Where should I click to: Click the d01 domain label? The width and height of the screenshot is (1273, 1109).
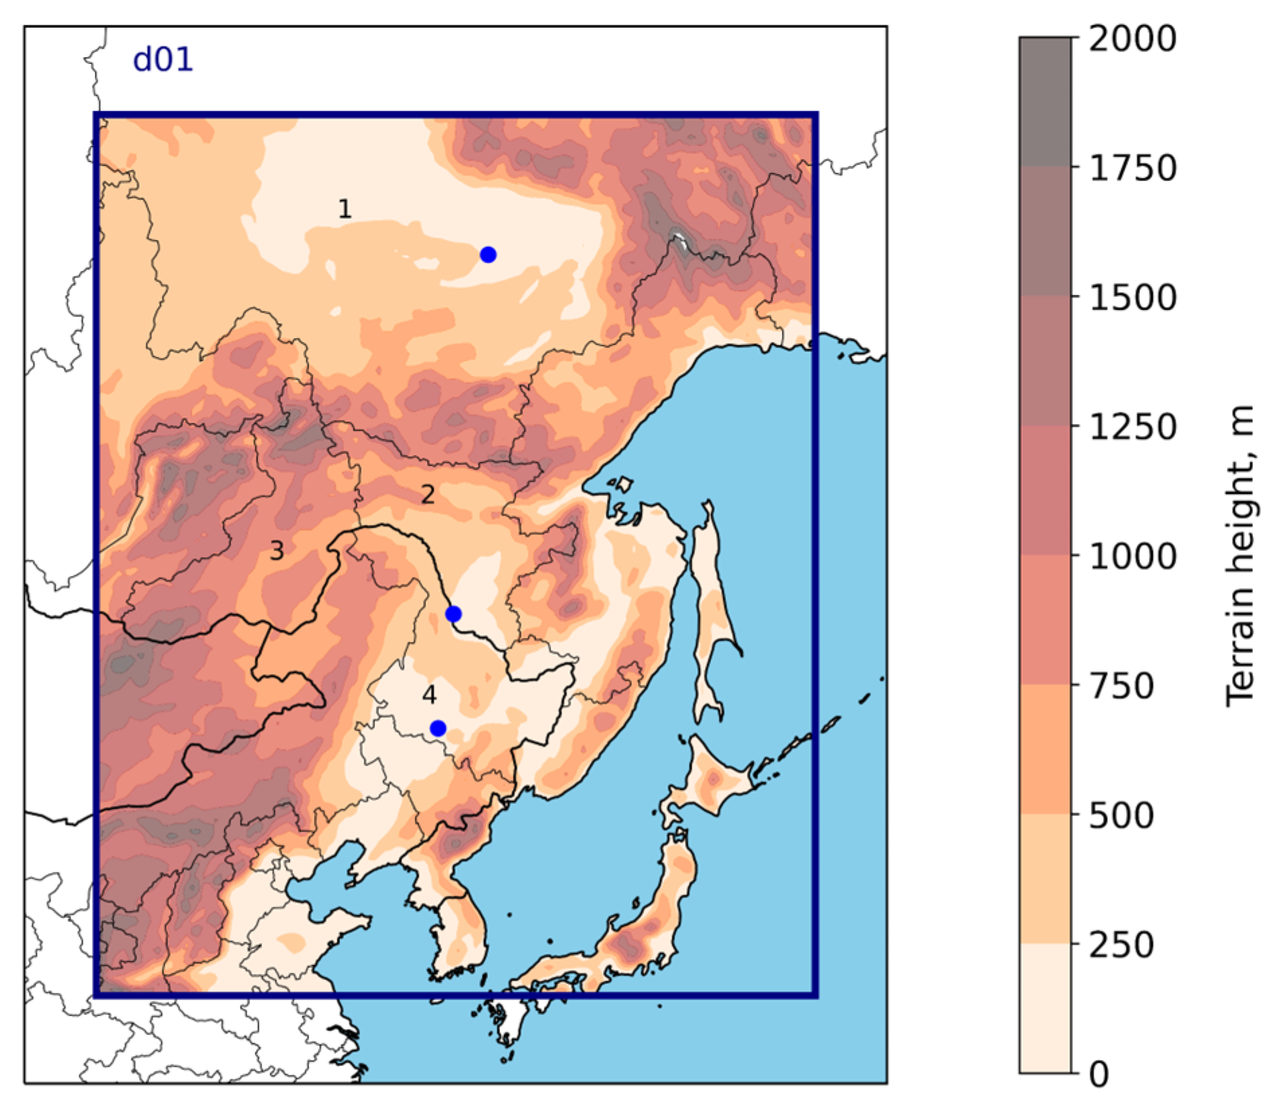163,60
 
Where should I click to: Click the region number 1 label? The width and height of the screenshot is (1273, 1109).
345,209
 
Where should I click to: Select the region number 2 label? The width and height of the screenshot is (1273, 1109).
428,495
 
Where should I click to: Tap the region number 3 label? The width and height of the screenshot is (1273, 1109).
277,551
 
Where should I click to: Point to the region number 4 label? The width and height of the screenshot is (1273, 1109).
429,695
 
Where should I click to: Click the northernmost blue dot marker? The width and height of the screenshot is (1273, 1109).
488,255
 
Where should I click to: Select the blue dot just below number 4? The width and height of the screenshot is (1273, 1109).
438,729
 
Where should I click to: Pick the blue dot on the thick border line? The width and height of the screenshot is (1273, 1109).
453,614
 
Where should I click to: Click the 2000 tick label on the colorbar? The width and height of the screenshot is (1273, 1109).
1133,39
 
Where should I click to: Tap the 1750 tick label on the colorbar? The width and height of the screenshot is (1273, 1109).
1133,168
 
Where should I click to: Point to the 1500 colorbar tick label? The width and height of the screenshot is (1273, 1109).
1133,298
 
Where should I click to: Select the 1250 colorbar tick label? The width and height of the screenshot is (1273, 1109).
1133,427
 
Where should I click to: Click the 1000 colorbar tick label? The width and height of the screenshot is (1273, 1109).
1133,557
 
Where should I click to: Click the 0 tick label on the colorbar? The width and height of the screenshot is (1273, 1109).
1099,1075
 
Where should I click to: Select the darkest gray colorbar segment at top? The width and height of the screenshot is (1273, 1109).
1045,101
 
